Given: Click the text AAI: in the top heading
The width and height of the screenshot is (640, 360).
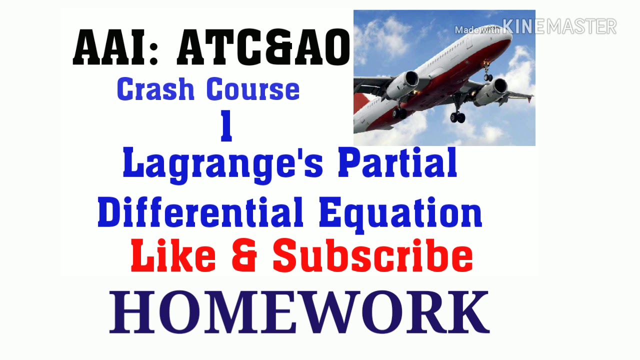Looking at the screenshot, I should click(116, 48).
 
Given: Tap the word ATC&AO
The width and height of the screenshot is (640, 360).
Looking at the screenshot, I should click(263, 48).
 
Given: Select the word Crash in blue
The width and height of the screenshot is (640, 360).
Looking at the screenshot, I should click(155, 90).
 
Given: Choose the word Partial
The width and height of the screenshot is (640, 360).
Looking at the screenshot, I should click(397, 163).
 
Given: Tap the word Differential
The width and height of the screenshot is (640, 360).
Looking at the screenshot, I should click(200, 212).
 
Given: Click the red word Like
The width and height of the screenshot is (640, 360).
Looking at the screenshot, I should click(173, 256).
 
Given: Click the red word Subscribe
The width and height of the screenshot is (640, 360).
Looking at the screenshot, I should click(372, 256).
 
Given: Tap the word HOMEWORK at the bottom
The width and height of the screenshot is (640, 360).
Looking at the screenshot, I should click(299, 313).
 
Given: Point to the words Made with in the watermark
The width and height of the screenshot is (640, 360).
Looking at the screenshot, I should click(477, 30).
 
